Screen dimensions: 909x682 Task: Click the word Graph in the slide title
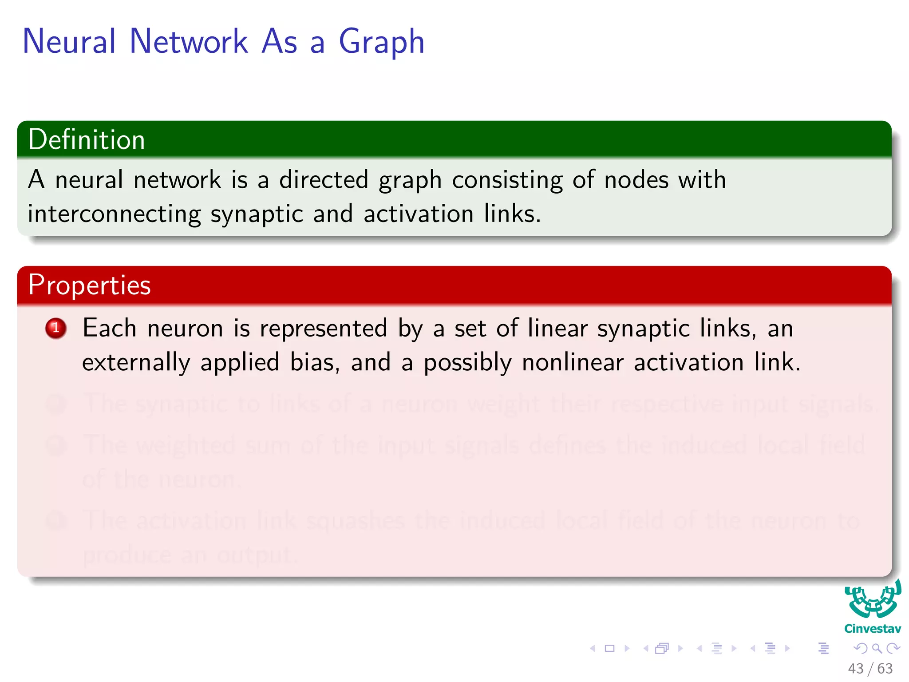click(x=381, y=42)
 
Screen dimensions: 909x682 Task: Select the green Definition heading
click(x=87, y=139)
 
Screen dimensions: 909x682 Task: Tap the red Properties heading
click(x=89, y=285)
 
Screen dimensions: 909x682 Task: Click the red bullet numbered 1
click(x=56, y=329)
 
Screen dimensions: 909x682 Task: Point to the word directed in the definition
click(x=324, y=180)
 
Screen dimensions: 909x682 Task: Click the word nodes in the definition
click(x=636, y=180)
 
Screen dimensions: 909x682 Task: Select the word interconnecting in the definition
click(x=114, y=214)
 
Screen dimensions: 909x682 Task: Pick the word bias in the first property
click(x=314, y=362)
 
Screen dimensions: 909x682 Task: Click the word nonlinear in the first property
click(x=573, y=362)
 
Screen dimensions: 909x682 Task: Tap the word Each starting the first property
click(x=109, y=329)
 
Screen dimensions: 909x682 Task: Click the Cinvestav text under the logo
click(x=872, y=629)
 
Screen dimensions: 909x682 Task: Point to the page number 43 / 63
click(x=870, y=668)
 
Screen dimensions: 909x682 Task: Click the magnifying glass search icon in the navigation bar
click(x=877, y=649)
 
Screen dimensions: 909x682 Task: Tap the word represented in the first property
click(x=324, y=329)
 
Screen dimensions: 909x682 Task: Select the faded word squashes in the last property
click(x=355, y=520)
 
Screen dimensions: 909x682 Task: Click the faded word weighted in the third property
click(x=186, y=445)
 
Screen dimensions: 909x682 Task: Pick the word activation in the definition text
click(x=418, y=214)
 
